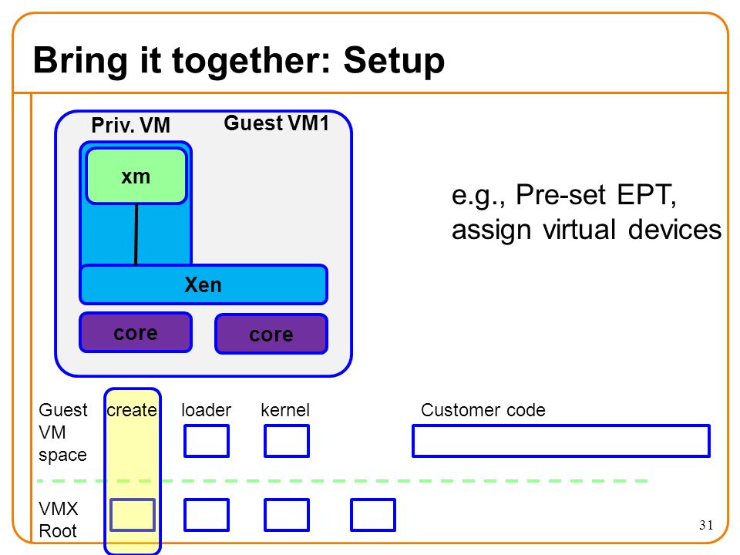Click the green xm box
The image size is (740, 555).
[136, 176]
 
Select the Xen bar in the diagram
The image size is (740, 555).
[203, 284]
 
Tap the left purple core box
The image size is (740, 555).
[136, 332]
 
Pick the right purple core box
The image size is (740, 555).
[271, 334]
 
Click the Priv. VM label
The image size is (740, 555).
[131, 126]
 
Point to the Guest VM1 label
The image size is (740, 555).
[276, 123]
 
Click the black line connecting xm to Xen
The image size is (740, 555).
[136, 234]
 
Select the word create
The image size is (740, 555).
[132, 410]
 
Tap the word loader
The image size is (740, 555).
[207, 410]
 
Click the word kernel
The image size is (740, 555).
[285, 410]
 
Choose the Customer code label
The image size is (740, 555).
[483, 410]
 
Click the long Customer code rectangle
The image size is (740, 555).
[561, 441]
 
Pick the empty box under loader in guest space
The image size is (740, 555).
[207, 441]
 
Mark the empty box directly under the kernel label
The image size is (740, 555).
[287, 441]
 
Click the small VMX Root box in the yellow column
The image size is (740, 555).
[133, 515]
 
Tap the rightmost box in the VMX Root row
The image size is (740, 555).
[373, 515]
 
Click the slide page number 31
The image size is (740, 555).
[706, 525]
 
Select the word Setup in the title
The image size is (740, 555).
[394, 60]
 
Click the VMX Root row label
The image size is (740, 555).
[59, 520]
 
